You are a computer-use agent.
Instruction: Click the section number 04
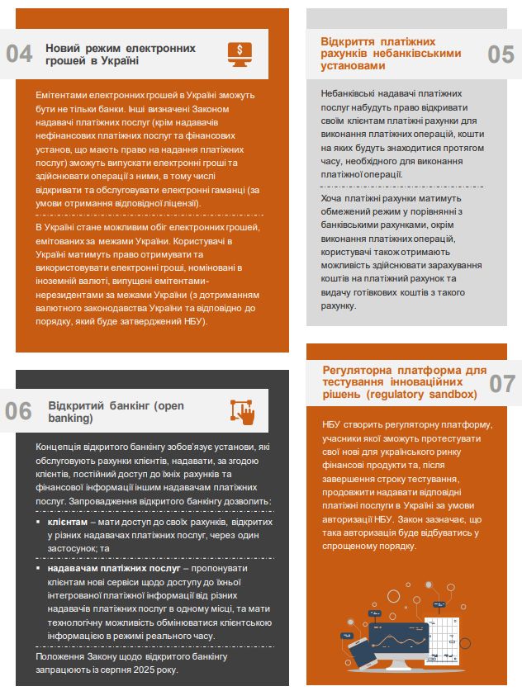coord(19,54)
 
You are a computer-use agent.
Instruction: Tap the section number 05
coord(501,54)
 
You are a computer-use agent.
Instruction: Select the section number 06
coord(18,410)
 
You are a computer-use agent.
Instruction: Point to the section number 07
coord(501,383)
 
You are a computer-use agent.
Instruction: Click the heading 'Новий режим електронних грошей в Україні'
coord(121,54)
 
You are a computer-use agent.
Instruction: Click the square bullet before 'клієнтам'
coord(38,523)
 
